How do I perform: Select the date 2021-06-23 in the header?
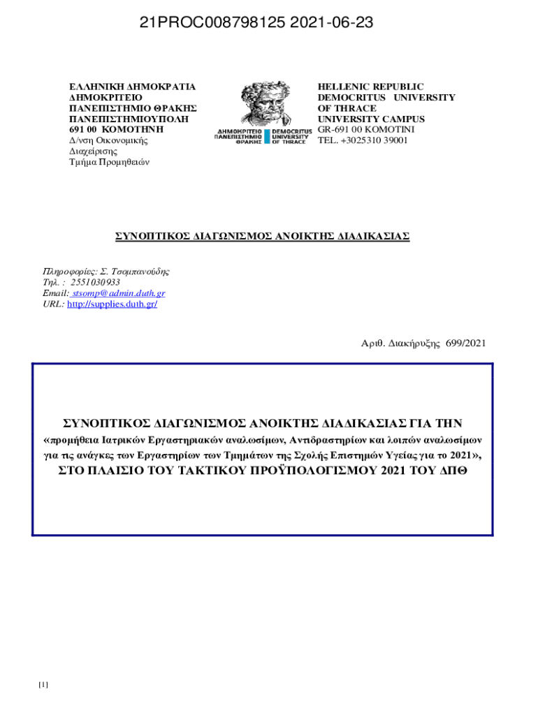(x=332, y=24)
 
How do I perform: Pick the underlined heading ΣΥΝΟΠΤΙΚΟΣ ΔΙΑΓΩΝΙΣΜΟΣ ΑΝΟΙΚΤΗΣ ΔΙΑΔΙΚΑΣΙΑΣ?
(x=262, y=236)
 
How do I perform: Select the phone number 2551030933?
(x=95, y=282)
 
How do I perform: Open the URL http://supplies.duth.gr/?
(x=112, y=304)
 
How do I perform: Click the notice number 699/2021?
(x=466, y=343)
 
